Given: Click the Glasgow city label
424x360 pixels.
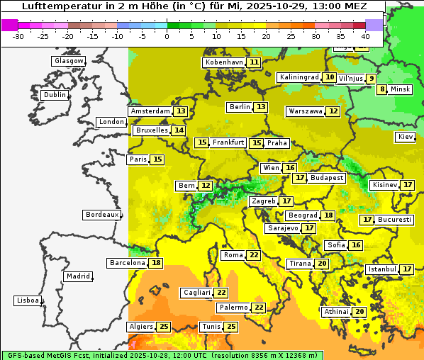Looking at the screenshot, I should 68,61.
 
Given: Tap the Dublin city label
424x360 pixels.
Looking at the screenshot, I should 54,95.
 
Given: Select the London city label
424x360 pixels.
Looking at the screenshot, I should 111,122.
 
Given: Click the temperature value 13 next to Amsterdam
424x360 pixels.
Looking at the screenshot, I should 181,111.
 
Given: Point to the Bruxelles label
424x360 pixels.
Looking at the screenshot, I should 152,130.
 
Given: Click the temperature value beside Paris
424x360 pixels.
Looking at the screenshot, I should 157,159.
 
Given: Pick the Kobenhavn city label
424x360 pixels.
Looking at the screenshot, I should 223,62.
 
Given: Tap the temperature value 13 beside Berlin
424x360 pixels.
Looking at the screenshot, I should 262,107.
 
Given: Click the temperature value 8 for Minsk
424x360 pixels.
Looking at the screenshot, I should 382,89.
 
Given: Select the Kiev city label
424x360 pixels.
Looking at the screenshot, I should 406,137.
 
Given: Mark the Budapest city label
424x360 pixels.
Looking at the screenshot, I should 327,178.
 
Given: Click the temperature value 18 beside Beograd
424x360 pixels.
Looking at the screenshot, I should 328,215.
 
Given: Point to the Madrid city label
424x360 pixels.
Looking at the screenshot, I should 78,276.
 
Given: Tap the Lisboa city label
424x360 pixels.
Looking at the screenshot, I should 27,300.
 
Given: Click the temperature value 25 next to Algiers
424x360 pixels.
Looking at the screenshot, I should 164,327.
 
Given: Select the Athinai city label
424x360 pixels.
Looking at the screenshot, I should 336,312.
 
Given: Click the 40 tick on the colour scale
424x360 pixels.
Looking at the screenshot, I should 365,36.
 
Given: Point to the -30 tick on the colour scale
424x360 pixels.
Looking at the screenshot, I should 18,36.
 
